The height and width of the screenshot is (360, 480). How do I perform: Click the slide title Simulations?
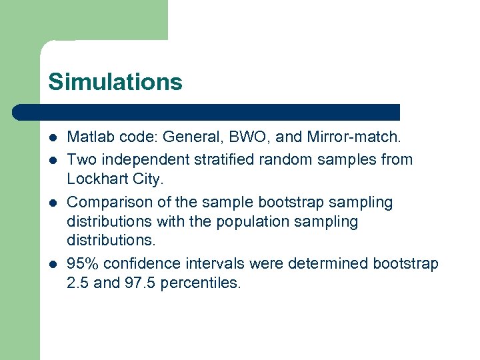pyautogui.click(x=115, y=81)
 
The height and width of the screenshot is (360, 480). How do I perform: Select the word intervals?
pyautogui.click(x=213, y=263)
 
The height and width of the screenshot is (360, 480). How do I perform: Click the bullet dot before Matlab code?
pyautogui.click(x=52, y=139)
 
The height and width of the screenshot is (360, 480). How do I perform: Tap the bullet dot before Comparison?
pyautogui.click(x=52, y=203)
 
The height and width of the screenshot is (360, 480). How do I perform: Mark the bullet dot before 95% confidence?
pyautogui.click(x=52, y=264)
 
